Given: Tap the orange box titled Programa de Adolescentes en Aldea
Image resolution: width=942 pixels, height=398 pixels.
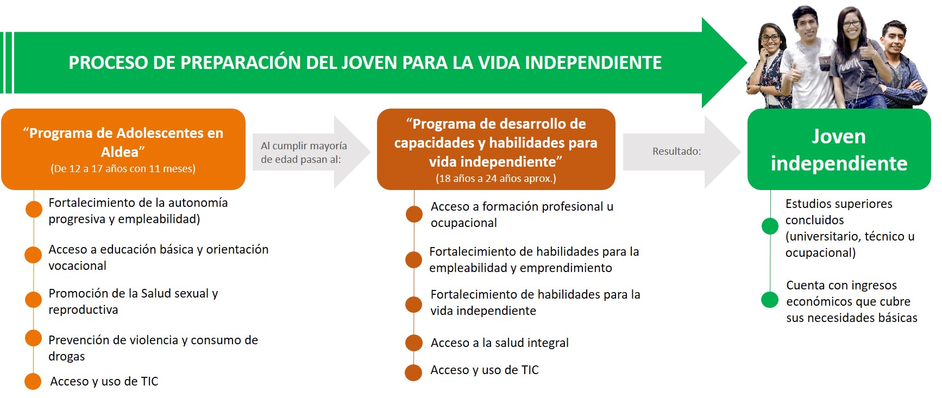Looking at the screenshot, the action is (123, 149).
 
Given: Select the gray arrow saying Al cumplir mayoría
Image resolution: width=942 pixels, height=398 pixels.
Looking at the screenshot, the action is (311, 153).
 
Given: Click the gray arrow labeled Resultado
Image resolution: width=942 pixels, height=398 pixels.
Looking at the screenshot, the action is (682, 151).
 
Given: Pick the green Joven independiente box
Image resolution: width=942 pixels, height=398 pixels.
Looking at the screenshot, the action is (839, 149).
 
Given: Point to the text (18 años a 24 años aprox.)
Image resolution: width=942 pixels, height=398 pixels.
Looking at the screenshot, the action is (496, 178).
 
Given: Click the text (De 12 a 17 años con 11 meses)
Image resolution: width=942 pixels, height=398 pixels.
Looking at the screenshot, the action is (123, 168).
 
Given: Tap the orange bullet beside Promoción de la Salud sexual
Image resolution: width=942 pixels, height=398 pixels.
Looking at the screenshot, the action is (34, 300).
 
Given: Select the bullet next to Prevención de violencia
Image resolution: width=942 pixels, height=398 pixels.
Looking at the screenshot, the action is (34, 338).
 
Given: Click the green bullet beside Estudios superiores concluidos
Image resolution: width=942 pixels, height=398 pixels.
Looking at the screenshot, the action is (770, 226).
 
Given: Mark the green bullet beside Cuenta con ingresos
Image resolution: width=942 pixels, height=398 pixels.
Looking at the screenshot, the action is (770, 299).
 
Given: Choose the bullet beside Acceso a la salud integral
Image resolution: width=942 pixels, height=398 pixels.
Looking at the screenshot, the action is (414, 343).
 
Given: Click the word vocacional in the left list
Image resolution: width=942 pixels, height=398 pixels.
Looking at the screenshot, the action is (77, 266).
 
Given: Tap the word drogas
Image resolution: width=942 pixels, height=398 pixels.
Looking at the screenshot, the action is (67, 356).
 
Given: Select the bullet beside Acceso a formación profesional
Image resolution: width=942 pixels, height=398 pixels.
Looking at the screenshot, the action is (414, 214).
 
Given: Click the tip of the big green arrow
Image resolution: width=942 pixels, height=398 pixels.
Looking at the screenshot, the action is (747, 63).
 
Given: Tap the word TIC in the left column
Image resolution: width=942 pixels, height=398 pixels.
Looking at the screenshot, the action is (149, 381).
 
